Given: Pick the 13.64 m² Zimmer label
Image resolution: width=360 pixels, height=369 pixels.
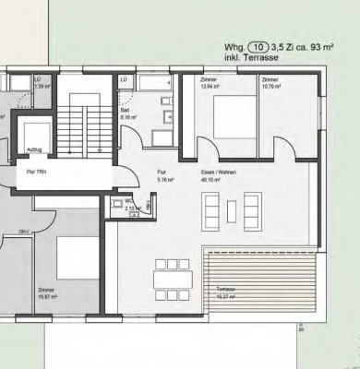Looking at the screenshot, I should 209,83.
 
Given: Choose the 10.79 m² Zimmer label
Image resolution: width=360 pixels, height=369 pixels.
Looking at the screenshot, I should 270,83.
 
